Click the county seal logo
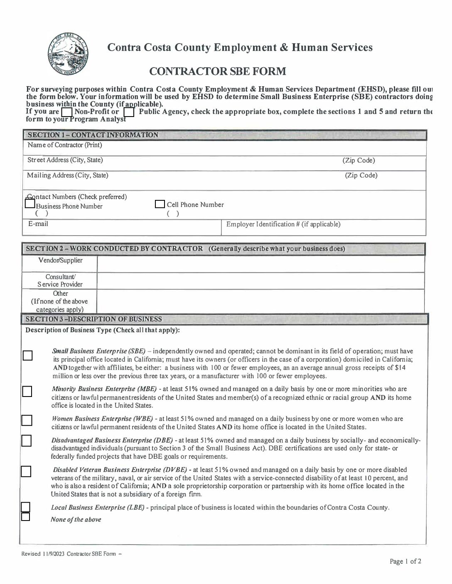pyautogui.click(x=68, y=54)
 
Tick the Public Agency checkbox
pyautogui.click(x=129, y=112)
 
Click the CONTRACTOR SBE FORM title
pyautogui.click(x=217, y=71)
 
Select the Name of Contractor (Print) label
pyautogui.click(x=65, y=145)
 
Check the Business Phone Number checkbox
pyautogui.click(x=29, y=204)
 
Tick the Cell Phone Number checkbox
pyautogui.click(x=160, y=204)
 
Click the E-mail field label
pyautogui.click(x=38, y=224)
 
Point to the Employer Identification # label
pyautogui.click(x=283, y=224)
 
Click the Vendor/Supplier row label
pyautogui.click(x=60, y=260)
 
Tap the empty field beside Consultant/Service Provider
pyautogui.click(x=260, y=280)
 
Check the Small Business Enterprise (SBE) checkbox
pyautogui.click(x=27, y=355)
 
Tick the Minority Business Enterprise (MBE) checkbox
pyautogui.click(x=27, y=392)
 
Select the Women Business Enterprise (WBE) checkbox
pyautogui.click(x=27, y=421)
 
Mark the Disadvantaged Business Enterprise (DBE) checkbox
pyautogui.click(x=27, y=440)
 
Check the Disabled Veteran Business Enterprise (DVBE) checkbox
pyautogui.click(x=26, y=471)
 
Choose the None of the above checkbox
pyautogui.click(x=26, y=517)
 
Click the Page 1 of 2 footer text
pyautogui.click(x=405, y=562)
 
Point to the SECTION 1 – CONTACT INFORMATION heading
pyautogui.click(x=93, y=135)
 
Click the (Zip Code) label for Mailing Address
pyautogui.click(x=361, y=175)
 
